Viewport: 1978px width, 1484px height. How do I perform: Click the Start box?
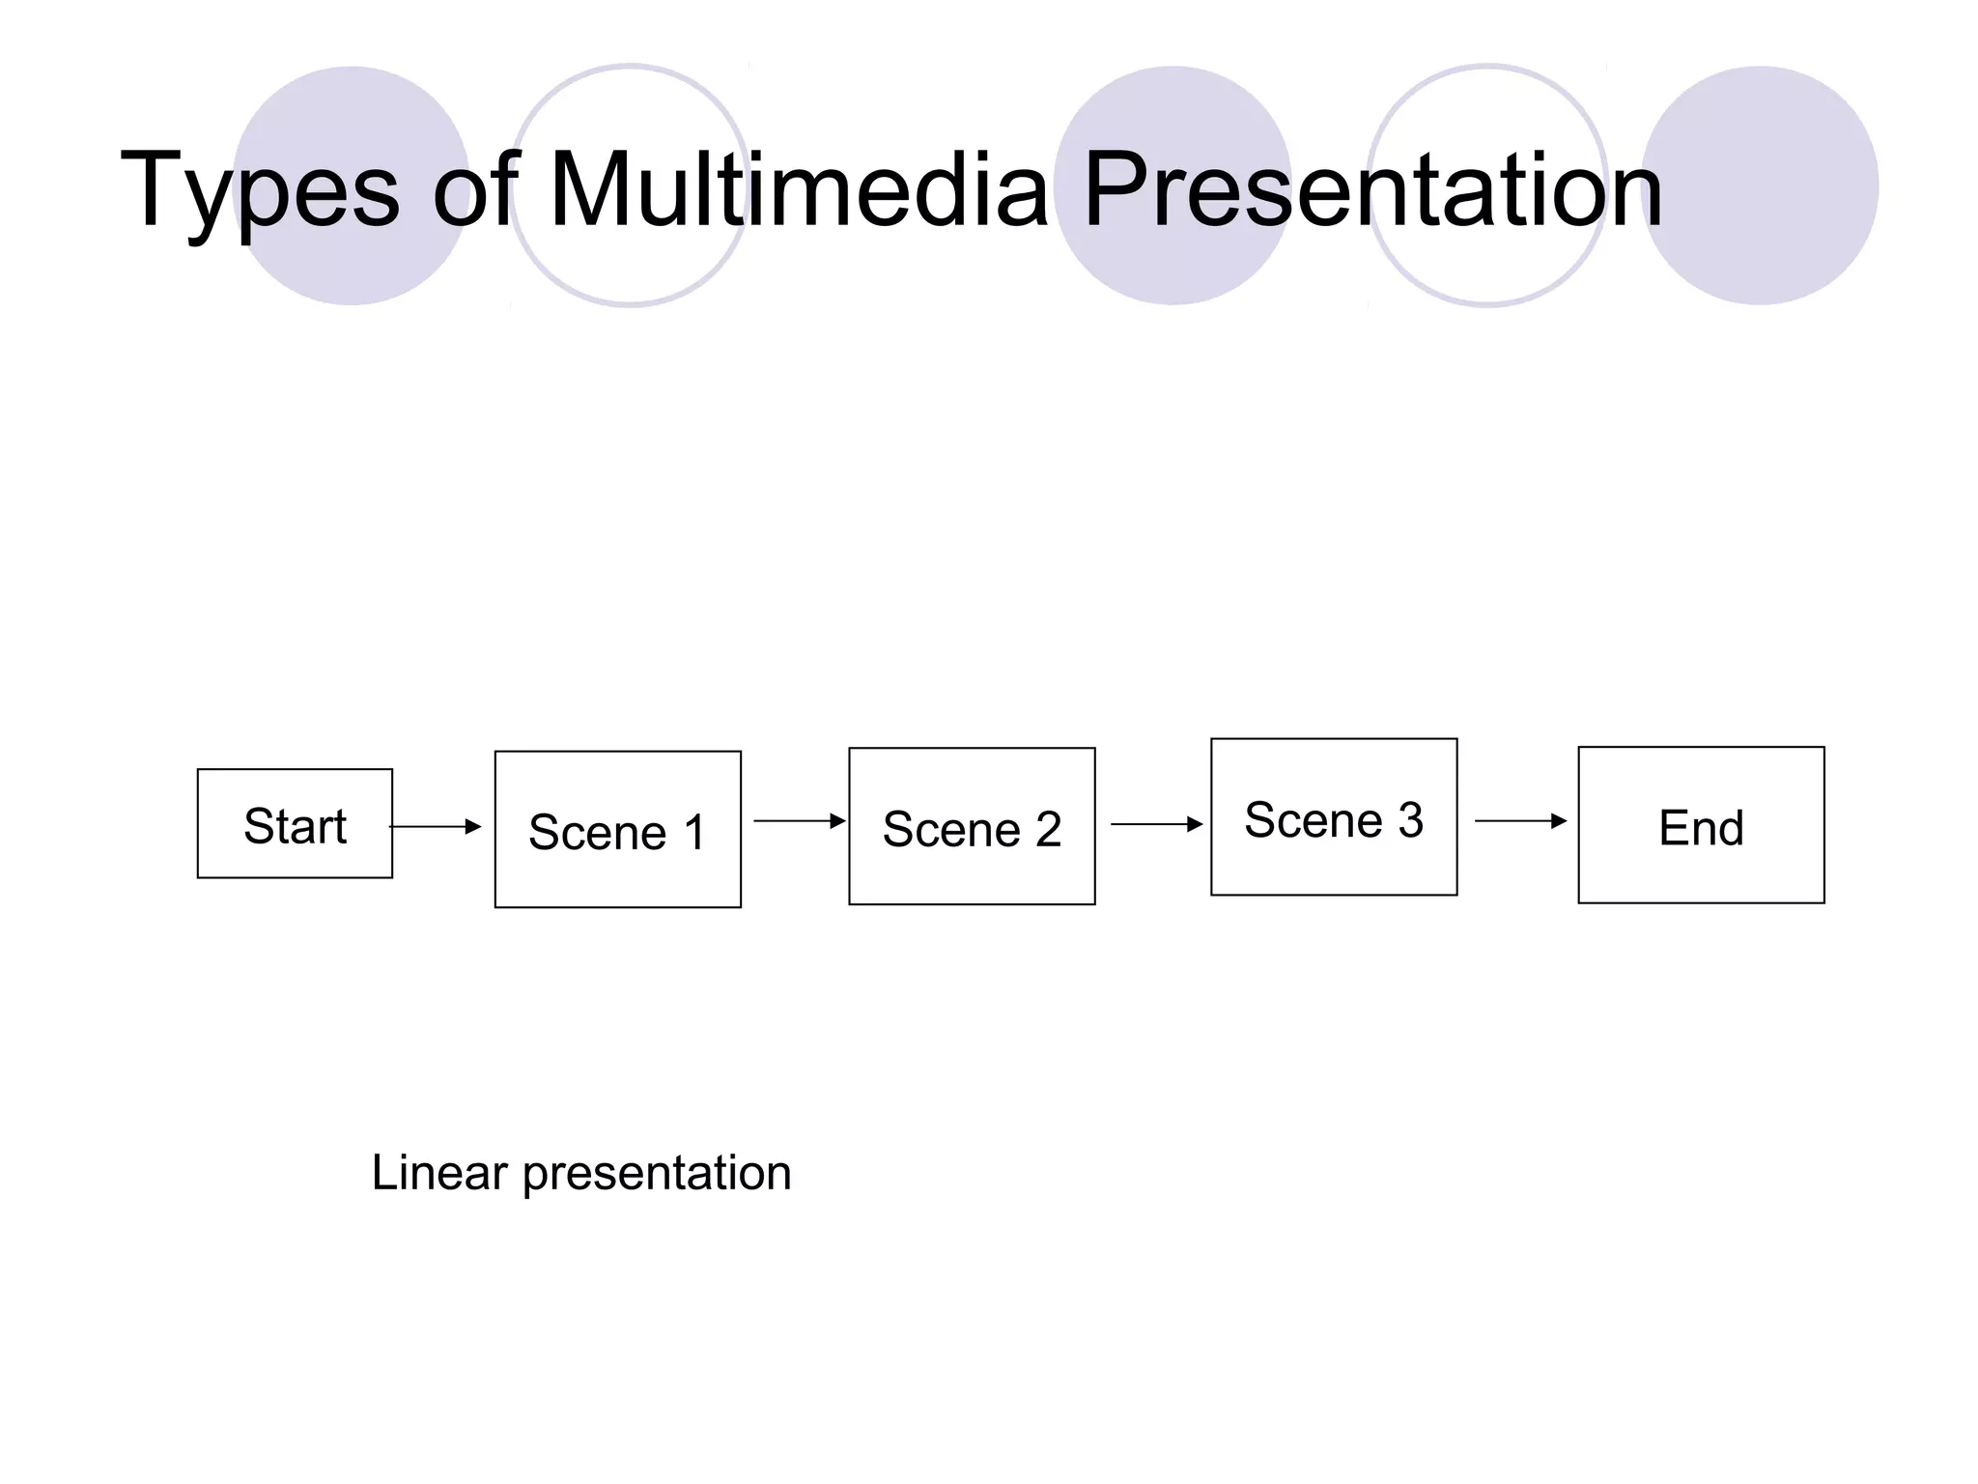(295, 824)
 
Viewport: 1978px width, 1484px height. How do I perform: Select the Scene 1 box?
(617, 830)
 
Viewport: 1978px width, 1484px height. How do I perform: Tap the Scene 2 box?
(972, 827)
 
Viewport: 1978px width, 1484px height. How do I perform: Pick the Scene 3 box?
(1334, 817)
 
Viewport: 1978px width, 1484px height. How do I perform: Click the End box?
(1701, 825)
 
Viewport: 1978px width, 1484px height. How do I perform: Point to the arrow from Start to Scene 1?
(435, 827)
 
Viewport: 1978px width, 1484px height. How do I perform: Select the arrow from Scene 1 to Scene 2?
(799, 821)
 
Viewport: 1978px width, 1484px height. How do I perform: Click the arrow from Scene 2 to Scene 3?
(1156, 824)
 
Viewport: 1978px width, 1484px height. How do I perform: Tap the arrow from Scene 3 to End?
(1520, 821)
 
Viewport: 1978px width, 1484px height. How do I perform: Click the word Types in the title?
(259, 190)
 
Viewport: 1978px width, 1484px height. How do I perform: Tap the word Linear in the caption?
(439, 1173)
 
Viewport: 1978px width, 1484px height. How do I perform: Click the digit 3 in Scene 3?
(1411, 819)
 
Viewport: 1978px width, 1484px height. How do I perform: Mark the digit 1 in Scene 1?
(694, 832)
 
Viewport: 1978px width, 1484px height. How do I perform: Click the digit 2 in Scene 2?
(1049, 829)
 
